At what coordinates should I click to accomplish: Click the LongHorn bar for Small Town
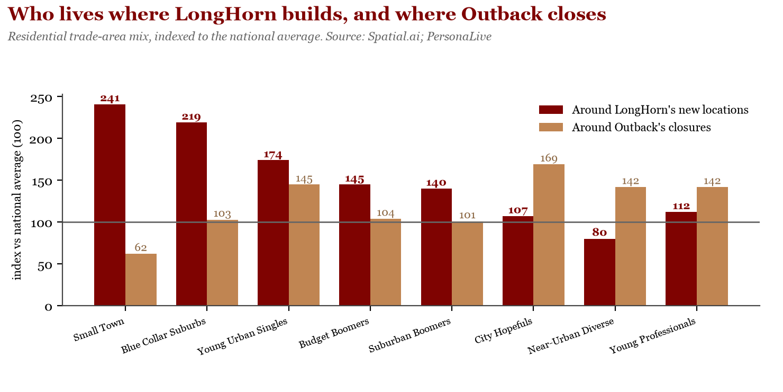point(110,205)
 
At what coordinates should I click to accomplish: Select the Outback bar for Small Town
point(141,280)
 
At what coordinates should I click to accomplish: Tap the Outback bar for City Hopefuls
point(549,235)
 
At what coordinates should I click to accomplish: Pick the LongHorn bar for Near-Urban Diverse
point(599,272)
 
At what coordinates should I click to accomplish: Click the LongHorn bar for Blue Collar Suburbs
point(192,214)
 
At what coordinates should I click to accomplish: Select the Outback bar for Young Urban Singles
point(304,245)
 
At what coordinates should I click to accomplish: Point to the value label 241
point(110,99)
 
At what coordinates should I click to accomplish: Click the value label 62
point(141,248)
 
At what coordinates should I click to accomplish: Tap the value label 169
point(549,158)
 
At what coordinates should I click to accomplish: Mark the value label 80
point(599,233)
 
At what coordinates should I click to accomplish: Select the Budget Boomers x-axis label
point(334,334)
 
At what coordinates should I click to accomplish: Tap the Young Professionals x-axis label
point(652,336)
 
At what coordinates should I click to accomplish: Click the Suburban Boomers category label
point(409,336)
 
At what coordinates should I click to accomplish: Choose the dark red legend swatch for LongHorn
point(551,110)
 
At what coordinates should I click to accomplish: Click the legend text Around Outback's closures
point(641,127)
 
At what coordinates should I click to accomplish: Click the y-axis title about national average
point(17,200)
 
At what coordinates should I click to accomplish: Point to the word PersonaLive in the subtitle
point(459,37)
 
